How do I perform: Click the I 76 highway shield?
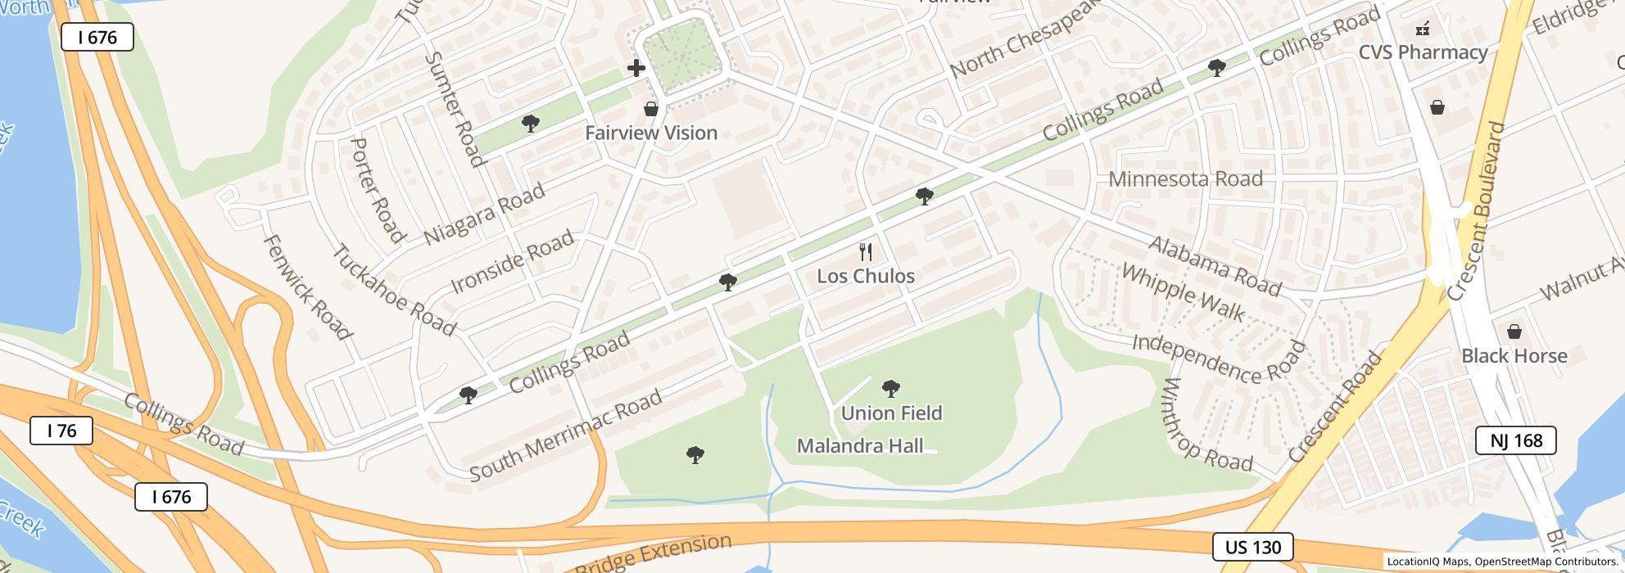(61, 431)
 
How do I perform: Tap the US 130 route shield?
(1252, 547)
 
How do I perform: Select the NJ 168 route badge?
(1515, 440)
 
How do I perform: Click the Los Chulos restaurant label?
(866, 276)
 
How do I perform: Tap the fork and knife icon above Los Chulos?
(866, 251)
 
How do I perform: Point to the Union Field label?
(891, 413)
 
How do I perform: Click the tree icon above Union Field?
(890, 388)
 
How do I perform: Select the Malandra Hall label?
(860, 446)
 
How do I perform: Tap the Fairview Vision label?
(651, 133)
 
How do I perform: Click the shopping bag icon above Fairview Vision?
(651, 109)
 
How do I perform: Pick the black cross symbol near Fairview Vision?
(636, 68)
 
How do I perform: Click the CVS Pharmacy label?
(1423, 52)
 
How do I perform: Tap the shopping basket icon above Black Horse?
(1514, 332)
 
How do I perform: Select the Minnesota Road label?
(1185, 178)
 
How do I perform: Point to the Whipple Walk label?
(1183, 293)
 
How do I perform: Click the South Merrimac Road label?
(566, 436)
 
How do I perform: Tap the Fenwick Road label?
(307, 287)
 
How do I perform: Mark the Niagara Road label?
(484, 214)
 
